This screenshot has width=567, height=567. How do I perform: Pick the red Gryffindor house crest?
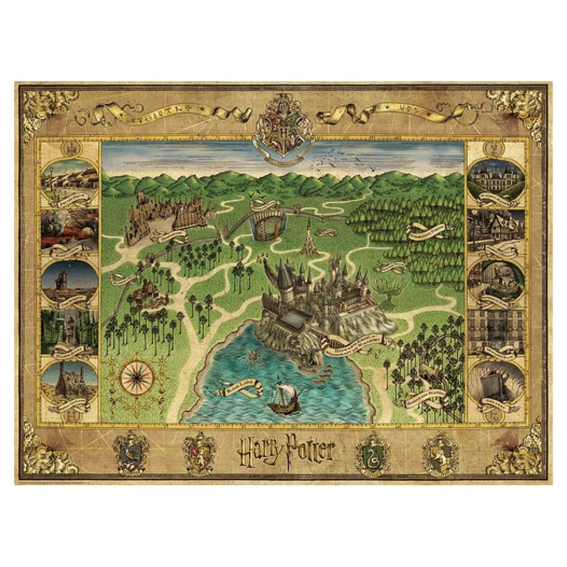200,451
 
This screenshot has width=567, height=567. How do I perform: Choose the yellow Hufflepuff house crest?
440,453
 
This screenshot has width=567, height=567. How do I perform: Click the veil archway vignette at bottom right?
496,383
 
